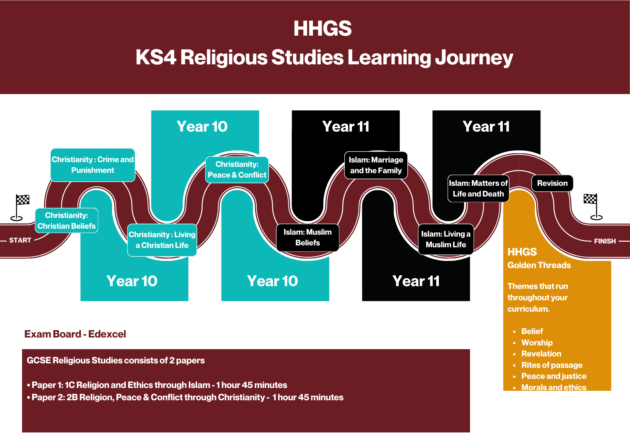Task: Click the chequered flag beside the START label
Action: [x=23, y=200]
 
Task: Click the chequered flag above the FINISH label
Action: [x=590, y=199]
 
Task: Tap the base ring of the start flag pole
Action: [x=16, y=218]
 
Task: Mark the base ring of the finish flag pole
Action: [x=596, y=217]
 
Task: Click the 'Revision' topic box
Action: [x=552, y=183]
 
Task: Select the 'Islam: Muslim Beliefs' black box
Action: [x=307, y=238]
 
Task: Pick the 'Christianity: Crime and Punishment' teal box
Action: [x=93, y=165]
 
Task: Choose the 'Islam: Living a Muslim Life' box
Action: [x=446, y=239]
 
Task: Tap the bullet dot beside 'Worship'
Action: [x=514, y=343]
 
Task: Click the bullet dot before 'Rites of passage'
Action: [x=514, y=365]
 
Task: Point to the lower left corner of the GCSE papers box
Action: [x=22, y=432]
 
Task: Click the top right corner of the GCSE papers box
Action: [x=470, y=349]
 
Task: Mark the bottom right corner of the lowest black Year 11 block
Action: [x=470, y=301]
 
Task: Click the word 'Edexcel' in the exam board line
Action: [x=107, y=334]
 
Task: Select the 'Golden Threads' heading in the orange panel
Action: [x=539, y=265]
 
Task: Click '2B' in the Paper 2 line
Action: [x=72, y=397]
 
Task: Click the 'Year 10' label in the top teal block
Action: [x=202, y=126]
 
